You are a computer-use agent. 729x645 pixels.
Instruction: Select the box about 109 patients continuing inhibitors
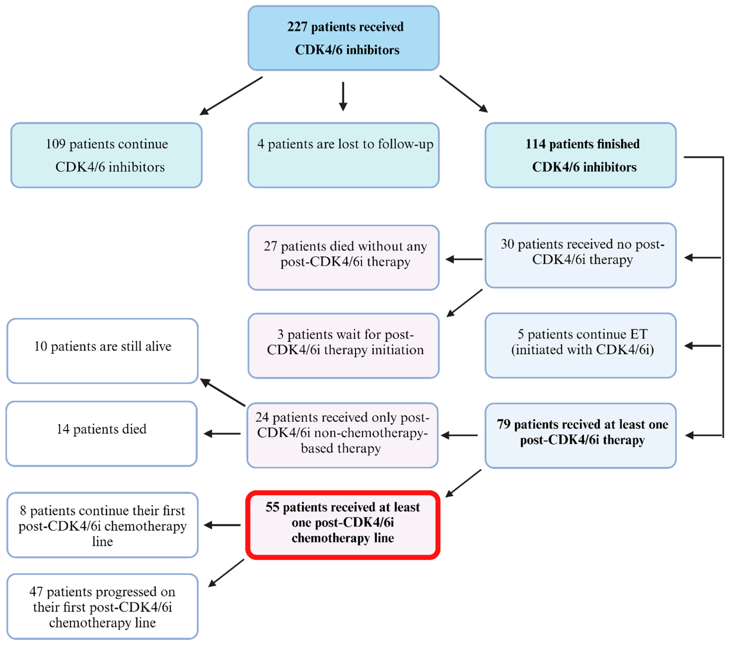click(106, 155)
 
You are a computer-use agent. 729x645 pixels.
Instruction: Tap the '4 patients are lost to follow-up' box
click(343, 155)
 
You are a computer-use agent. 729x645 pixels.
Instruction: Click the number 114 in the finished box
click(535, 144)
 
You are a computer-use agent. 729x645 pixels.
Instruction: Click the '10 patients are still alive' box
click(102, 351)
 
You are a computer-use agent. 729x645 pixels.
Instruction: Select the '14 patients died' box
click(102, 434)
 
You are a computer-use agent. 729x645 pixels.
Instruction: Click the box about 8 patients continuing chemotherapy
click(102, 525)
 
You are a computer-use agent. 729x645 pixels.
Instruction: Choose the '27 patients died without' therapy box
click(343, 257)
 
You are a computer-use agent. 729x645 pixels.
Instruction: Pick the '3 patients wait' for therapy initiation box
click(343, 346)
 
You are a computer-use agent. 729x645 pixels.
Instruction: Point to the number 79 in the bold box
click(503, 424)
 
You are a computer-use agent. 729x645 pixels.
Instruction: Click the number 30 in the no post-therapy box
click(507, 244)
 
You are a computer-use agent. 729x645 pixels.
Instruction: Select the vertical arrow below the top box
click(343, 96)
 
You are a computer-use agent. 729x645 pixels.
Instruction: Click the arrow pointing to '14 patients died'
click(222, 434)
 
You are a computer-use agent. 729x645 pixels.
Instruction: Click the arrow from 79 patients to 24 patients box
click(459, 435)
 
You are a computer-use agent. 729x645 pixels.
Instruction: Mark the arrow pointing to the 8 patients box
click(222, 525)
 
